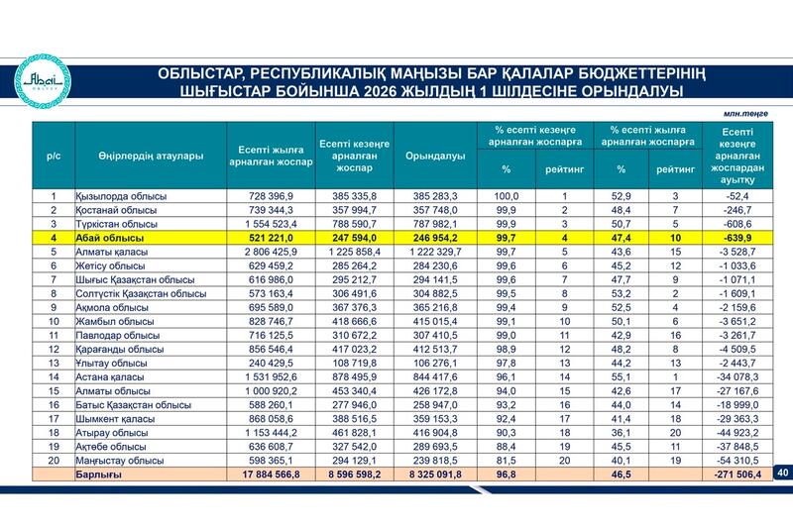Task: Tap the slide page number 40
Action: coord(783,473)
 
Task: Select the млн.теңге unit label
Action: coord(745,114)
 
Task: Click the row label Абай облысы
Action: coord(110,238)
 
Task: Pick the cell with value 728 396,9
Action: coord(271,196)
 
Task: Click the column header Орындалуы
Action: coord(435,156)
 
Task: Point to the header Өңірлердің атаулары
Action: coord(151,156)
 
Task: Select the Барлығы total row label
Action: coord(98,475)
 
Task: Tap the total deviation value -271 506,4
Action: coord(737,475)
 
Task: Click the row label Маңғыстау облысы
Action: coord(120,461)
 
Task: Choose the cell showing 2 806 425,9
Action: coord(271,252)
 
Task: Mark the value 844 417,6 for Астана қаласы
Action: coord(435,376)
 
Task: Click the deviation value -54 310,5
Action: coord(737,461)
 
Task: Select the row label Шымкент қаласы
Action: coord(115,419)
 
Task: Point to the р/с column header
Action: coord(54,157)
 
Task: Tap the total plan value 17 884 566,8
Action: coord(271,475)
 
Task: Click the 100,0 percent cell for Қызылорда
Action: coord(507,196)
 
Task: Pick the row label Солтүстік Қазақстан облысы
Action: coord(141,293)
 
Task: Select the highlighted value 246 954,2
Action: coord(435,238)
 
